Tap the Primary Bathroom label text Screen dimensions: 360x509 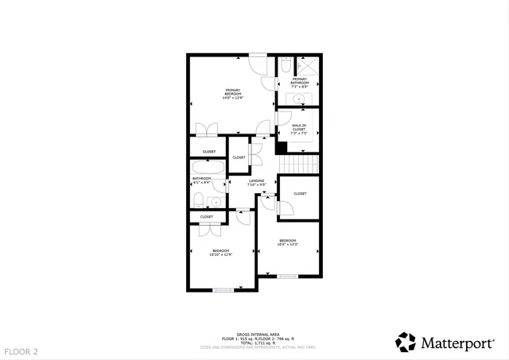coord(300,81)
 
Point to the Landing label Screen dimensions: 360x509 coord(256,182)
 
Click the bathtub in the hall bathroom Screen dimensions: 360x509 coord(208,167)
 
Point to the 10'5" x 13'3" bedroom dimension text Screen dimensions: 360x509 coord(287,245)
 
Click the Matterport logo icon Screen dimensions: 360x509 coord(406,343)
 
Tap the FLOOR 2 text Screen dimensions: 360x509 coord(21,350)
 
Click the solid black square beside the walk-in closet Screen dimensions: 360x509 coord(281,146)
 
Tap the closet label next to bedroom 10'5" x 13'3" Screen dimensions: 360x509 coord(300,194)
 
